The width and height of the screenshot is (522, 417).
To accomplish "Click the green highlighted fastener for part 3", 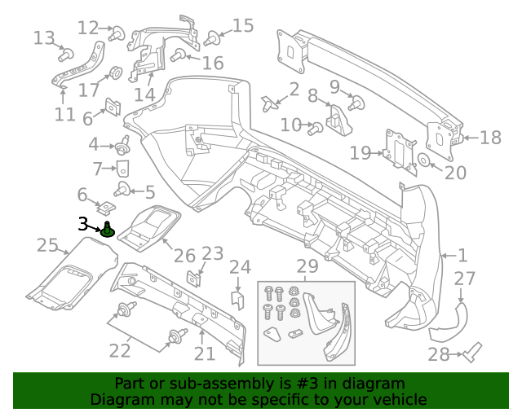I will [108, 230].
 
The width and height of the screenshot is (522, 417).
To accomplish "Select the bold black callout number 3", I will [83, 224].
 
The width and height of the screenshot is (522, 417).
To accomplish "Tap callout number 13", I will [44, 37].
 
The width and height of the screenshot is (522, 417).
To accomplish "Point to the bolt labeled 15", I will [213, 37].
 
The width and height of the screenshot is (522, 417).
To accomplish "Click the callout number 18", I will [490, 138].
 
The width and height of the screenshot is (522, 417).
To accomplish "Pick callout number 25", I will [47, 245].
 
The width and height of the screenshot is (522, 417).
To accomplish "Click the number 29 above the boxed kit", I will [307, 266].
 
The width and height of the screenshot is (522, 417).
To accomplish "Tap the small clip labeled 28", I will [472, 353].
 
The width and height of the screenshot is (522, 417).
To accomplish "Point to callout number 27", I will [464, 279].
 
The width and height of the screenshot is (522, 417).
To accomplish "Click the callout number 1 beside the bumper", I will [462, 255].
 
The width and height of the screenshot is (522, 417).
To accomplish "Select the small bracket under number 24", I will [238, 299].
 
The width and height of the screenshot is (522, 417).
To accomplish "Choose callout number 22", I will [120, 351].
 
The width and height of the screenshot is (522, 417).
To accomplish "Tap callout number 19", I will [360, 152].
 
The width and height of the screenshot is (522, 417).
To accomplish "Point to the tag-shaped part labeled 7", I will [122, 169].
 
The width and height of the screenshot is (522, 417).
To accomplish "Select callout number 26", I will [185, 257].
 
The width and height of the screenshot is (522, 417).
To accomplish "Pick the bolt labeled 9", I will [356, 103].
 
